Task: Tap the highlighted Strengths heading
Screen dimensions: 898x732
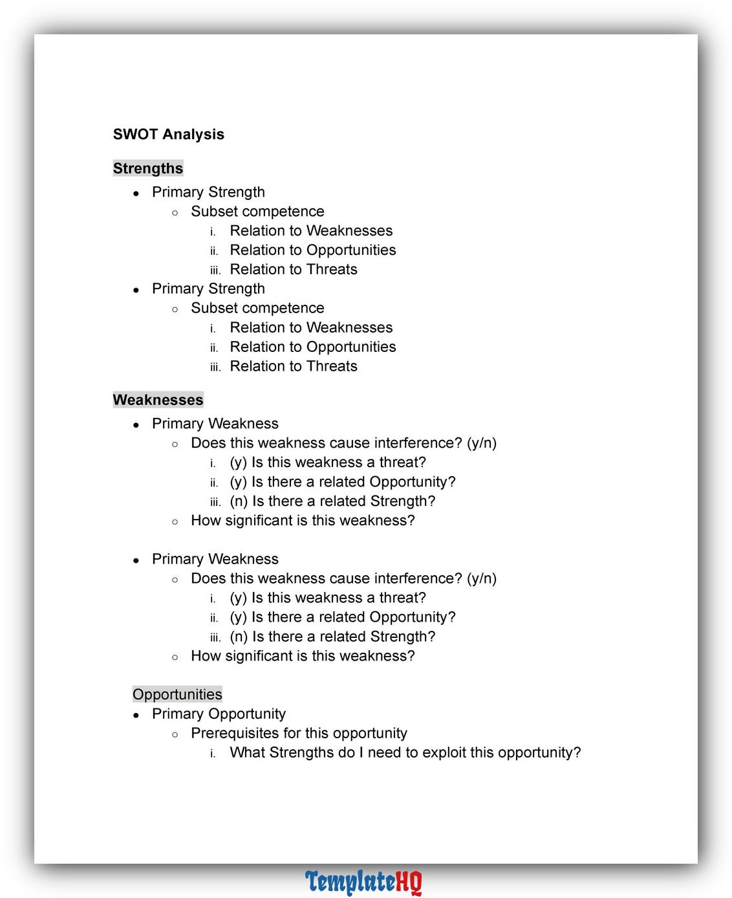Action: click(x=148, y=168)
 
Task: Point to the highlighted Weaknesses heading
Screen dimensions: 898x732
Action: click(x=158, y=400)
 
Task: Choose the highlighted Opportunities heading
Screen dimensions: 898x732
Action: click(x=177, y=694)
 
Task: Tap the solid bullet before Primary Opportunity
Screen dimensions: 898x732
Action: click(x=136, y=715)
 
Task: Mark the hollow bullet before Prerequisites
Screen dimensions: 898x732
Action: click(x=175, y=734)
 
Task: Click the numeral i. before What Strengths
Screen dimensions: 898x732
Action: click(x=213, y=754)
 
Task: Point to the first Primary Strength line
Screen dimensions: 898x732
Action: click(x=208, y=192)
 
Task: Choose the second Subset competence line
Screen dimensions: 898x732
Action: click(x=257, y=308)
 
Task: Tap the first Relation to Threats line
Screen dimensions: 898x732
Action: click(x=294, y=269)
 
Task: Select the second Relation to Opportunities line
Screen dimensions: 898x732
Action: click(x=313, y=347)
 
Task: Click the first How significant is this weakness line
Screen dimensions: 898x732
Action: click(x=303, y=520)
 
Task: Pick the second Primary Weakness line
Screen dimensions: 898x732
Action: click(x=215, y=559)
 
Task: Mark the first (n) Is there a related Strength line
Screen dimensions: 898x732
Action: click(x=332, y=501)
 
